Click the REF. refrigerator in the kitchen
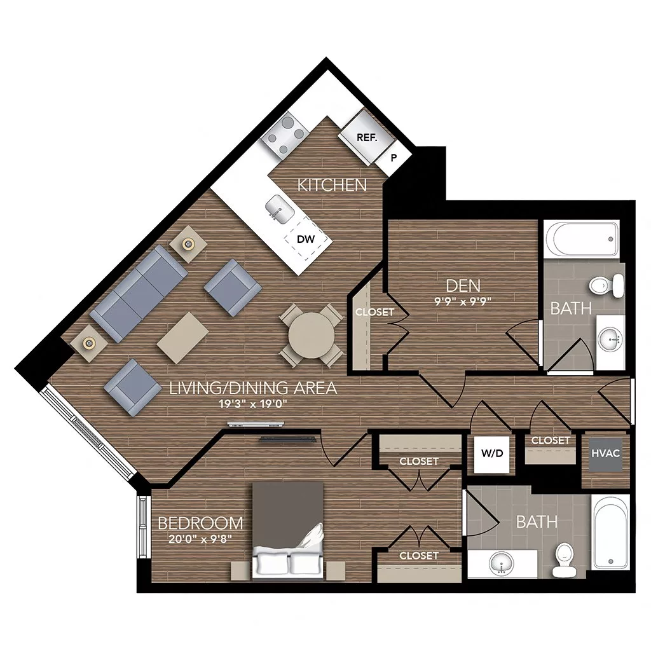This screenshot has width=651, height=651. [363, 135]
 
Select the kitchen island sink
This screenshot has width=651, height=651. [277, 207]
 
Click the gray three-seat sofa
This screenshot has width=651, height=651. [138, 292]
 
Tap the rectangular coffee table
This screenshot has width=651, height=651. [184, 336]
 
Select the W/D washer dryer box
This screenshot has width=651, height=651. [491, 454]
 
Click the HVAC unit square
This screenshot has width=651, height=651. [605, 454]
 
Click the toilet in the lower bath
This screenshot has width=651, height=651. [563, 559]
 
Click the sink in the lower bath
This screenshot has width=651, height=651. [502, 563]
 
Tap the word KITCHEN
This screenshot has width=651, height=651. [332, 185]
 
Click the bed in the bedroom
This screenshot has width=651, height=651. [289, 529]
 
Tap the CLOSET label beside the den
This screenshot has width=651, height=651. [374, 312]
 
